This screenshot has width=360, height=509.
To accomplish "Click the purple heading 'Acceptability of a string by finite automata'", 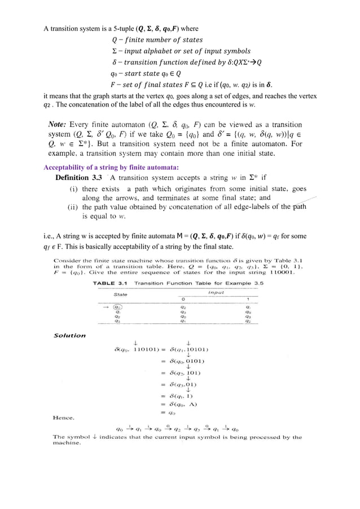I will click(x=111, y=166).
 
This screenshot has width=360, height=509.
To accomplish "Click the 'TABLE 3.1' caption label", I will click(x=111, y=282).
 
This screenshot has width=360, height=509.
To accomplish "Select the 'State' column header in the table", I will click(x=120, y=294).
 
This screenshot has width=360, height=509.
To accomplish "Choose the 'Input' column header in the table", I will click(x=216, y=292).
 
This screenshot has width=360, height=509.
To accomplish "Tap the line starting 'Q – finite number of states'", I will click(x=157, y=40).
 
